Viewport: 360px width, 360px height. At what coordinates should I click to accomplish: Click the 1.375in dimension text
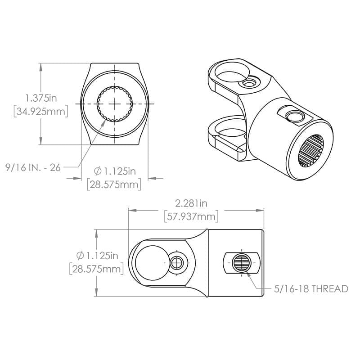tap(41, 98)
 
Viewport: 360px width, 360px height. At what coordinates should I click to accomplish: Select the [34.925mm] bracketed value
tap(41, 112)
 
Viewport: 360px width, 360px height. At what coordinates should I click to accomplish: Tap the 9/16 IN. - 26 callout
tap(33, 168)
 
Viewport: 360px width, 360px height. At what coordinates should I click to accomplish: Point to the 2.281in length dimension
tap(191, 203)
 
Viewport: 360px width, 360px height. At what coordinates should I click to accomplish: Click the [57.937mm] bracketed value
tap(191, 216)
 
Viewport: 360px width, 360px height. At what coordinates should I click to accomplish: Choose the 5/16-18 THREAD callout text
tap(311, 289)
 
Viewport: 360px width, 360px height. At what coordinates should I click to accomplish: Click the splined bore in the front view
tap(115, 104)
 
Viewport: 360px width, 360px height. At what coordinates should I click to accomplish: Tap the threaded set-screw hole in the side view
tap(241, 263)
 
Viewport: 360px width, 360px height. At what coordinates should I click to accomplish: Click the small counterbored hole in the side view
tap(176, 263)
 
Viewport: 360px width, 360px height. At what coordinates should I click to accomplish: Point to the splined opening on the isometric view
tap(311, 151)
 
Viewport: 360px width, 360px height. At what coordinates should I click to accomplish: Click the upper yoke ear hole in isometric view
tap(231, 73)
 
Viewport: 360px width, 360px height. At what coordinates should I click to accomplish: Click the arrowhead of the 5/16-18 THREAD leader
tap(248, 274)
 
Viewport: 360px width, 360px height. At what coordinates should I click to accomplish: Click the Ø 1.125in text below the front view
tap(115, 171)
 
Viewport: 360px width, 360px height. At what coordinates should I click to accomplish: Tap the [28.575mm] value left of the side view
tap(96, 269)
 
